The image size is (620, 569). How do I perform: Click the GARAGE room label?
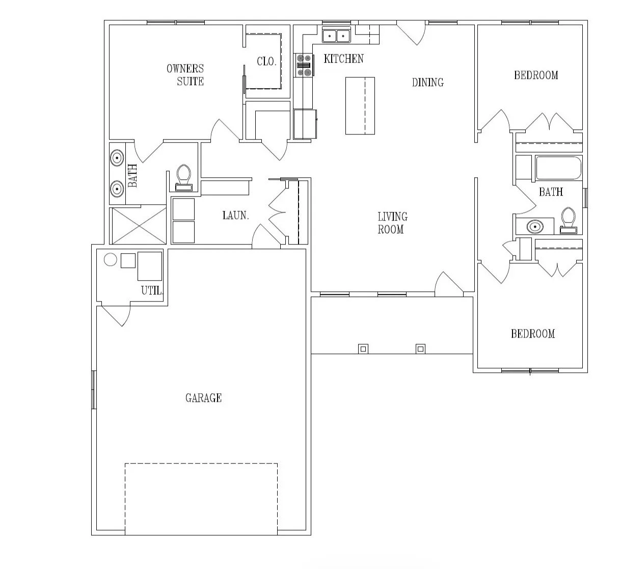[203, 398]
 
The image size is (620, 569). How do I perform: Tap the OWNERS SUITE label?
[185, 75]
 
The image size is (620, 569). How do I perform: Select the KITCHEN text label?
[344, 59]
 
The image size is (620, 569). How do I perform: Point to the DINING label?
[428, 82]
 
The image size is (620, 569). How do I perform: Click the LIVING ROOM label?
[392, 223]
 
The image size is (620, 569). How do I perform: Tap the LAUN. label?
[235, 215]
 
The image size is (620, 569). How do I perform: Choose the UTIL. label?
[152, 290]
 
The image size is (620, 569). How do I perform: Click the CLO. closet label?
[266, 62]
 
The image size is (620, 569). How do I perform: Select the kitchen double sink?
[336, 36]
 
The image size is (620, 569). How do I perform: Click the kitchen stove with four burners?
[304, 65]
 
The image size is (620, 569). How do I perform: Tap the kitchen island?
[360, 106]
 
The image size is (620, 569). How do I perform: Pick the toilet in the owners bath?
[183, 178]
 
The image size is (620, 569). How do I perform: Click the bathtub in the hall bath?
[559, 168]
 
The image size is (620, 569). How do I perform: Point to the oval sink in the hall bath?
[535, 227]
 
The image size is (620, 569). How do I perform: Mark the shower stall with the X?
[139, 226]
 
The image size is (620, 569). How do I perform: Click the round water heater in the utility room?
[111, 260]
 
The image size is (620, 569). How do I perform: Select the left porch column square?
[363, 349]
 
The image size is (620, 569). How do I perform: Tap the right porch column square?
[420, 349]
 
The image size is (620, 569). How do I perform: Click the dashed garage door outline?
[201, 463]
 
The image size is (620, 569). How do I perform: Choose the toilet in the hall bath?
[569, 221]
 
